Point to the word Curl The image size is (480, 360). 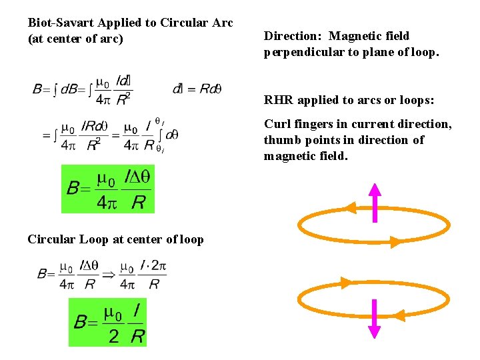pyautogui.click(x=277, y=124)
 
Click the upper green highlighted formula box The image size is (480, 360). pyautogui.click(x=108, y=189)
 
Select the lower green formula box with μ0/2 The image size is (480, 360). pyautogui.click(x=107, y=322)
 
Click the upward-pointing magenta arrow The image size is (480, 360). pyautogui.click(x=375, y=202)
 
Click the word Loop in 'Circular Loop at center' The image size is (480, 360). pyautogui.click(x=93, y=239)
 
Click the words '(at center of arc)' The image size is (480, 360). pyautogui.click(x=75, y=39)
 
